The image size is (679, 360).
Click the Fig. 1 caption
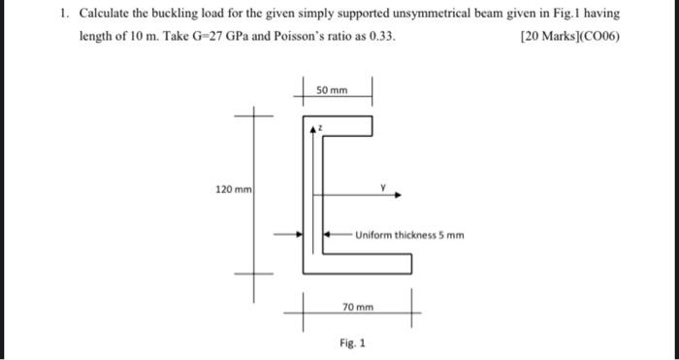click(x=352, y=342)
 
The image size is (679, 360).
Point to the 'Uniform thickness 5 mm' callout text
click(x=409, y=235)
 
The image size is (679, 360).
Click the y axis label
click(x=383, y=181)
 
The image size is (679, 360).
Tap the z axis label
click(x=320, y=127)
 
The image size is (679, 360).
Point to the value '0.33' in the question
click(x=381, y=38)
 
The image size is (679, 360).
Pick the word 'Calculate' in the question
click(x=106, y=16)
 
